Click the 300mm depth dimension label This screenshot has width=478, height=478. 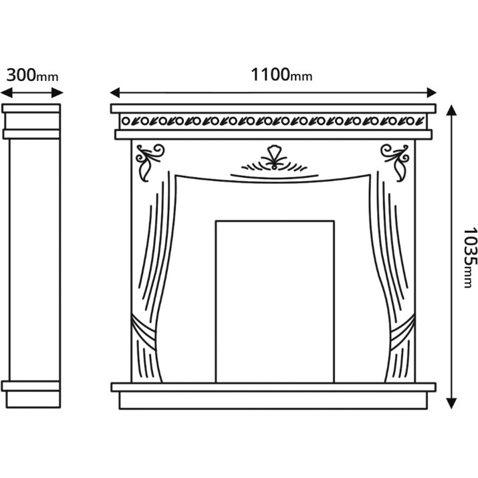point(32,76)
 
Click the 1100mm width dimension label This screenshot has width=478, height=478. point(281,75)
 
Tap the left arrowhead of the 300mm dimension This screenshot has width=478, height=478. point(7,93)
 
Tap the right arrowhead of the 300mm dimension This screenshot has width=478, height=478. point(57,93)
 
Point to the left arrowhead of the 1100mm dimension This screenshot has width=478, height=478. point(115,93)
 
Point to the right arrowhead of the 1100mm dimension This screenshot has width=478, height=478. point(432,93)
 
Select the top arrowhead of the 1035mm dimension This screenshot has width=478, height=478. point(451,110)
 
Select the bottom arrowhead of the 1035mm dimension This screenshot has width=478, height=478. point(451,403)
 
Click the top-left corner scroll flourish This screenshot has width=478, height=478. point(149,162)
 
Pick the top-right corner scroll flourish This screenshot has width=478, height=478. point(395,162)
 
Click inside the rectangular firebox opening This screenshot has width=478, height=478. point(275,302)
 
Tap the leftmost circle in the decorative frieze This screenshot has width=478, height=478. point(126,121)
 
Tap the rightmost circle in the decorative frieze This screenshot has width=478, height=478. point(410,121)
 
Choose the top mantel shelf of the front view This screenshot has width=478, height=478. point(273,108)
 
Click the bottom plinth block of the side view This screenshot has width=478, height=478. point(33,399)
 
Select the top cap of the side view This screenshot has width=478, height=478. point(31,108)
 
